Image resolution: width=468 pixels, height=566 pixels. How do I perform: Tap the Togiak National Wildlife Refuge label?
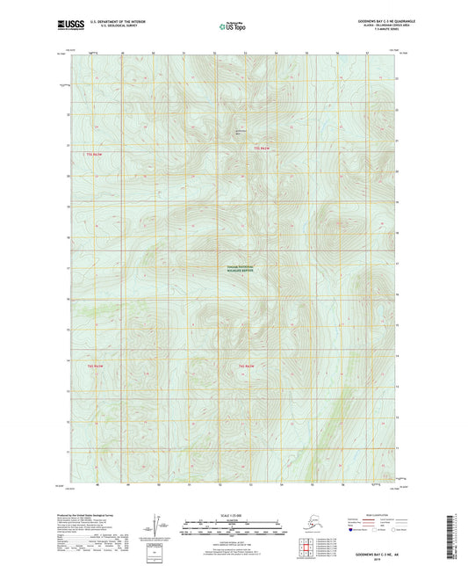coord(234,270)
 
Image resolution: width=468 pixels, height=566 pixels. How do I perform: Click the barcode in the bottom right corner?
coord(455,531)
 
